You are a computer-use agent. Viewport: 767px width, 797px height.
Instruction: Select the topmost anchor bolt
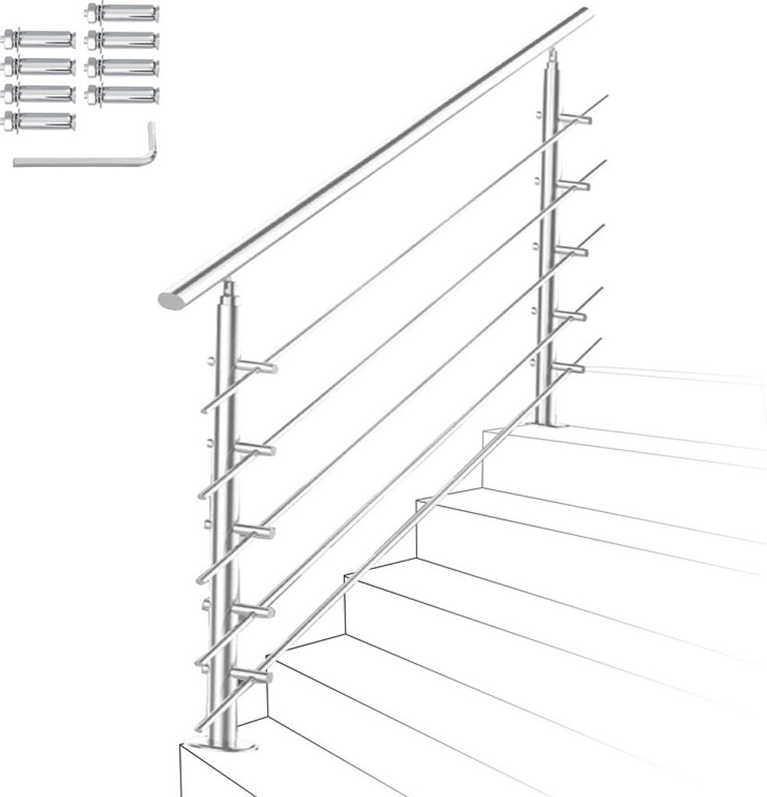122,13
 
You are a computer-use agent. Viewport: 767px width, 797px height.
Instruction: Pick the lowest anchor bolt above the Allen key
39,121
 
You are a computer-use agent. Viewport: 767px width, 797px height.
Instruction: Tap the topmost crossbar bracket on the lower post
255,367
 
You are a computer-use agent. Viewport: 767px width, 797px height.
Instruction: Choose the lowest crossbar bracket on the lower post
251,674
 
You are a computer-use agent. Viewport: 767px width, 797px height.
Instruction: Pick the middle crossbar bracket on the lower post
253,531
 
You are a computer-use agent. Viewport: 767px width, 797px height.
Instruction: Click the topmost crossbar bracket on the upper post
574,119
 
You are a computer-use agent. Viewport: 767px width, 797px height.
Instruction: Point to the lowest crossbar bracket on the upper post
568,367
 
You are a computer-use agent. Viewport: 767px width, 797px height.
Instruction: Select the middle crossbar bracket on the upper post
572,250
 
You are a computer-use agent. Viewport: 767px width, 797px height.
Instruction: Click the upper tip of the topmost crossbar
605,97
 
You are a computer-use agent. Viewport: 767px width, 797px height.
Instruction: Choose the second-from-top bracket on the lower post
254,449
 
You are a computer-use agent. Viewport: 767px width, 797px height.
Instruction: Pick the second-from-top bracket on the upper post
573,184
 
